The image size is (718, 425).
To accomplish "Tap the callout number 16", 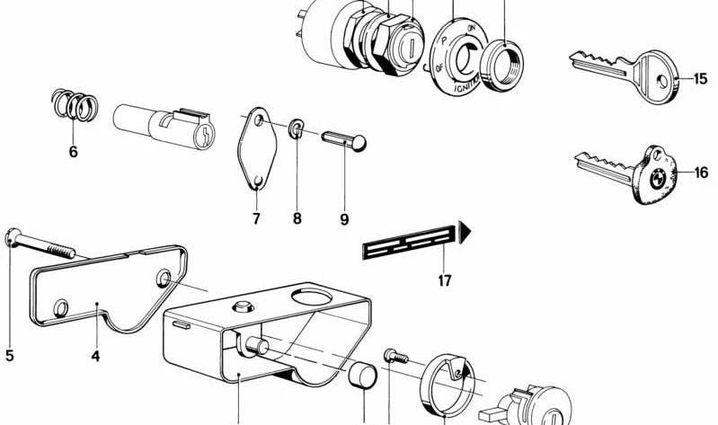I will tap(701, 173).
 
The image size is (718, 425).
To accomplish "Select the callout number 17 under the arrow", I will tap(445, 281).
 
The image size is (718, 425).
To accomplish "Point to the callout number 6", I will tap(73, 152).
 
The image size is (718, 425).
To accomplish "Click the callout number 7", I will tap(255, 218).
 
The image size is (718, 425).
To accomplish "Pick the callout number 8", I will tap(297, 218).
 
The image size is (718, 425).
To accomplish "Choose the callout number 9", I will tap(344, 218).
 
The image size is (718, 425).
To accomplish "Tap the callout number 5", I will tap(10, 356).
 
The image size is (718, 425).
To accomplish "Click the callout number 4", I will tap(95, 356).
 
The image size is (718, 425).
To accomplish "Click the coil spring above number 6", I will tap(73, 106).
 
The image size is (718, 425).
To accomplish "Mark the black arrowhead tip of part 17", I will tap(467, 234).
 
